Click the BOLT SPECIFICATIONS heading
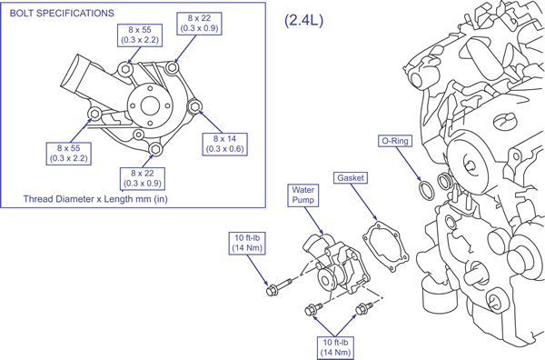(x=62, y=14)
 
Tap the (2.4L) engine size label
(x=303, y=20)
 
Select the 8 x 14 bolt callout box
(x=225, y=144)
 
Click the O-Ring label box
(x=395, y=141)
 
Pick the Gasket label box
(x=351, y=178)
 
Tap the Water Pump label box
(x=303, y=195)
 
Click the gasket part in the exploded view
(x=385, y=246)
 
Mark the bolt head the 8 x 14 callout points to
(x=194, y=106)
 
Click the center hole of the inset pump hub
(x=150, y=105)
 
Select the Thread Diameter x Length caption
(x=95, y=199)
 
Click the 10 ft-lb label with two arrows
(x=335, y=347)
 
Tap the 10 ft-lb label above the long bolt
(x=247, y=243)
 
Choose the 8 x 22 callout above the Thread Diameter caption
(x=143, y=178)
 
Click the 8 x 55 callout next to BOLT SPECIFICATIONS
(x=140, y=35)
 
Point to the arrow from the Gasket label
(x=363, y=202)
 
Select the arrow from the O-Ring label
(x=408, y=164)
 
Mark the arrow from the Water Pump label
(x=313, y=221)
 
